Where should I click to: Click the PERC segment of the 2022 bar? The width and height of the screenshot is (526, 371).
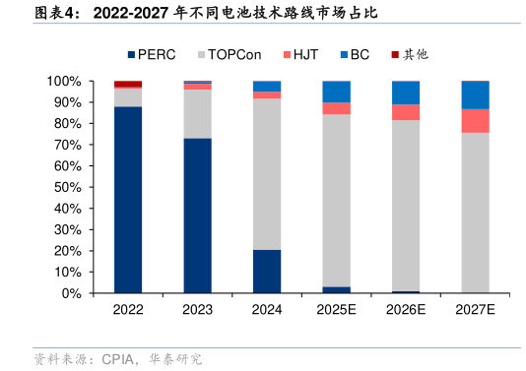128,199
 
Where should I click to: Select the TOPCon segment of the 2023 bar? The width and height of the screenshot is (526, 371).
197,113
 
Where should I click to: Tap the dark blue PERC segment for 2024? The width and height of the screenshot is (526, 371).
267,272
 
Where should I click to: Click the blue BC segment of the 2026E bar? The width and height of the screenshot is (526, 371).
406,93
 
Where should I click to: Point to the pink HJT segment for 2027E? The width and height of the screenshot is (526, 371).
476,121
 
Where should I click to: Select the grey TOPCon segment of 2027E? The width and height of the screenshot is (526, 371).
476,213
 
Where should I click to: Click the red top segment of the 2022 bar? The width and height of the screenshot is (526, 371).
128,84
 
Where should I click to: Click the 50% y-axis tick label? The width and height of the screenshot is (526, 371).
68,187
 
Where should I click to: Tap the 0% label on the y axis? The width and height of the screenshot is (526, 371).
72,293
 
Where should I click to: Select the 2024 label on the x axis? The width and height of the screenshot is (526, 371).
267,309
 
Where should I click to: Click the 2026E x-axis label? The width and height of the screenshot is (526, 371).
406,309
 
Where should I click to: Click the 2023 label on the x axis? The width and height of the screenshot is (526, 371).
197,309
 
